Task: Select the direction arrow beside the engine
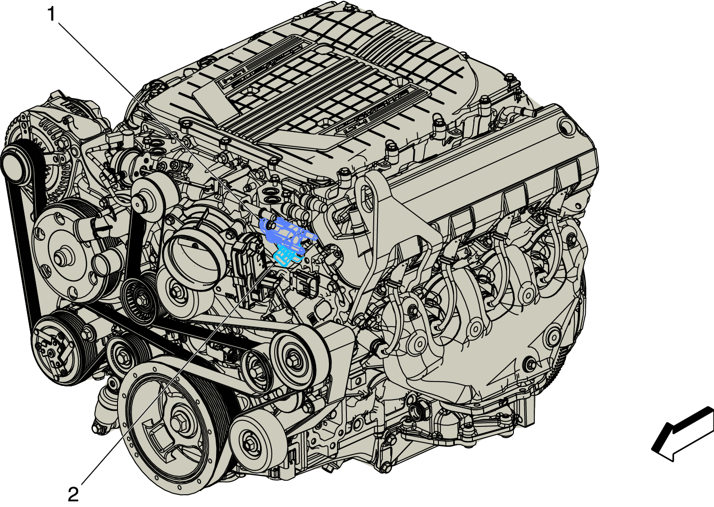coord(682,434)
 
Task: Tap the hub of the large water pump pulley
coord(60,257)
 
